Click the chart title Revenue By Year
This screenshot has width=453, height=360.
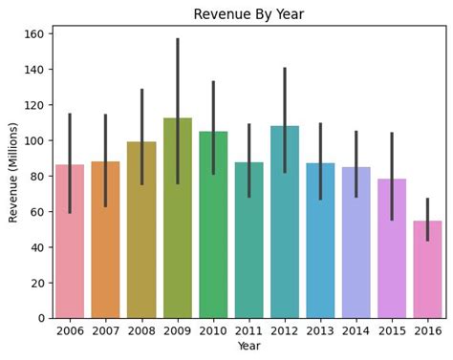(x=249, y=14)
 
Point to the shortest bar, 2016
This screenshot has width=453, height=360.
(x=428, y=277)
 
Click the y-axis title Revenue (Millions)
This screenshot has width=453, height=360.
(x=13, y=172)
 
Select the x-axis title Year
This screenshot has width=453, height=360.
(x=249, y=346)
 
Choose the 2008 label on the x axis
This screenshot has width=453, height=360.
(x=141, y=330)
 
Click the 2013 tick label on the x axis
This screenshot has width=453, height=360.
(x=321, y=330)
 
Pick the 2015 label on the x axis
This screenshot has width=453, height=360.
(x=393, y=330)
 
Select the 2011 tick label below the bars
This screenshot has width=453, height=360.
(x=249, y=330)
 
